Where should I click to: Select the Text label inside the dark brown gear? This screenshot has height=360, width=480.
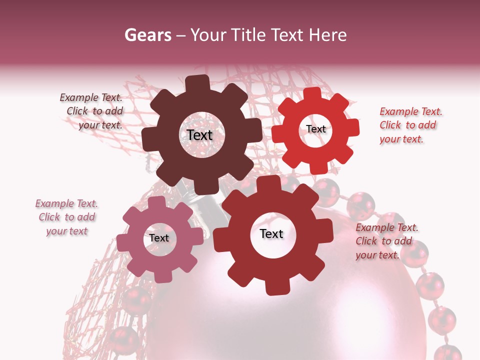click(199, 135)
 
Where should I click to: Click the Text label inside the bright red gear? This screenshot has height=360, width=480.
click(315, 129)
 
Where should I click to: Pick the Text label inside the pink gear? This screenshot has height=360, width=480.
click(159, 238)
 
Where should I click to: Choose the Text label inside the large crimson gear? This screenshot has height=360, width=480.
click(271, 233)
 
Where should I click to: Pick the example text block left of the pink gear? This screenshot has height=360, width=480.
click(66, 217)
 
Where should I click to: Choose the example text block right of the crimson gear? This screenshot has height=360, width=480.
click(386, 241)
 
